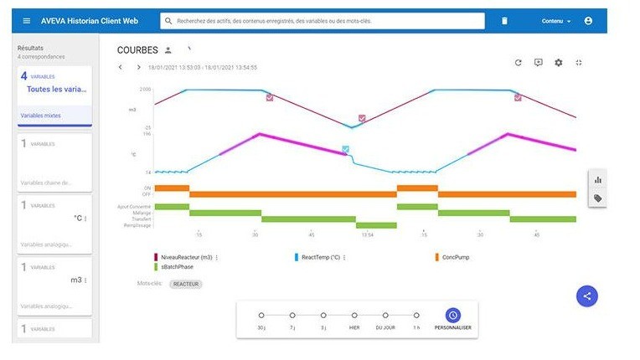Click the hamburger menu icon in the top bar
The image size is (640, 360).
(27, 21)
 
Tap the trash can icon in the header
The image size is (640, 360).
(504, 21)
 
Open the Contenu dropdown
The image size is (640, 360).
(556, 21)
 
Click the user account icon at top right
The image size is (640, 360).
(588, 21)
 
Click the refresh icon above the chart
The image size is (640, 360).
(519, 63)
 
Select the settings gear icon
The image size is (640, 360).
(559, 63)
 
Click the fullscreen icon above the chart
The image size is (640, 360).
(579, 63)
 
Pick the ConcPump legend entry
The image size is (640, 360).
(456, 257)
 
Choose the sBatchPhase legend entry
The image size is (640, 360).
(178, 267)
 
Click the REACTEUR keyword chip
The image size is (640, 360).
(186, 284)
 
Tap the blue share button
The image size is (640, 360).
(587, 296)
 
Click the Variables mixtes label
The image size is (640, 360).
(41, 116)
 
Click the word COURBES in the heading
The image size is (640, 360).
(137, 50)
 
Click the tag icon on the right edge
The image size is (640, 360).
(598, 198)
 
